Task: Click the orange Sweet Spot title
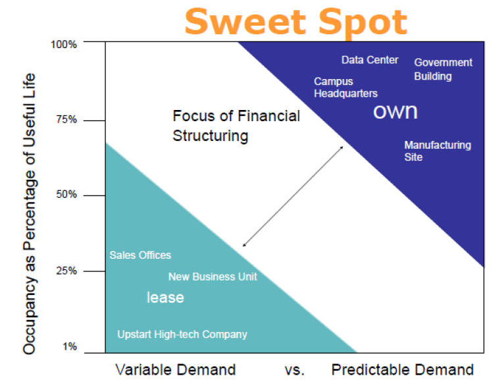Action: tap(295, 21)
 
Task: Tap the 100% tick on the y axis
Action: tap(64, 44)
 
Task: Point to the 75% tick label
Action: tap(66, 120)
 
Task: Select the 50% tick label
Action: tap(66, 195)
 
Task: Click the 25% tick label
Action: tap(66, 271)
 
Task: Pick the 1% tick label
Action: tap(70, 346)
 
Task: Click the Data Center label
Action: tap(370, 60)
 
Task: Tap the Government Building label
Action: tap(443, 69)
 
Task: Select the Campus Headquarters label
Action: tap(345, 88)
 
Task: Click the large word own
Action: tap(395, 111)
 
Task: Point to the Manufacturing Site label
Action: tap(437, 151)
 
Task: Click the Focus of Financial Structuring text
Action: tap(236, 126)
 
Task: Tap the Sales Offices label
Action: tap(140, 255)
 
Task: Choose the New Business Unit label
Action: tap(212, 277)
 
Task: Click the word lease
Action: tap(165, 298)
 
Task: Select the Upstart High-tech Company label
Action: tap(182, 335)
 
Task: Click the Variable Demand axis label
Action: tap(175, 370)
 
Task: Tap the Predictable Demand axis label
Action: tap(402, 370)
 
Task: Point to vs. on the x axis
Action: tap(294, 370)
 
